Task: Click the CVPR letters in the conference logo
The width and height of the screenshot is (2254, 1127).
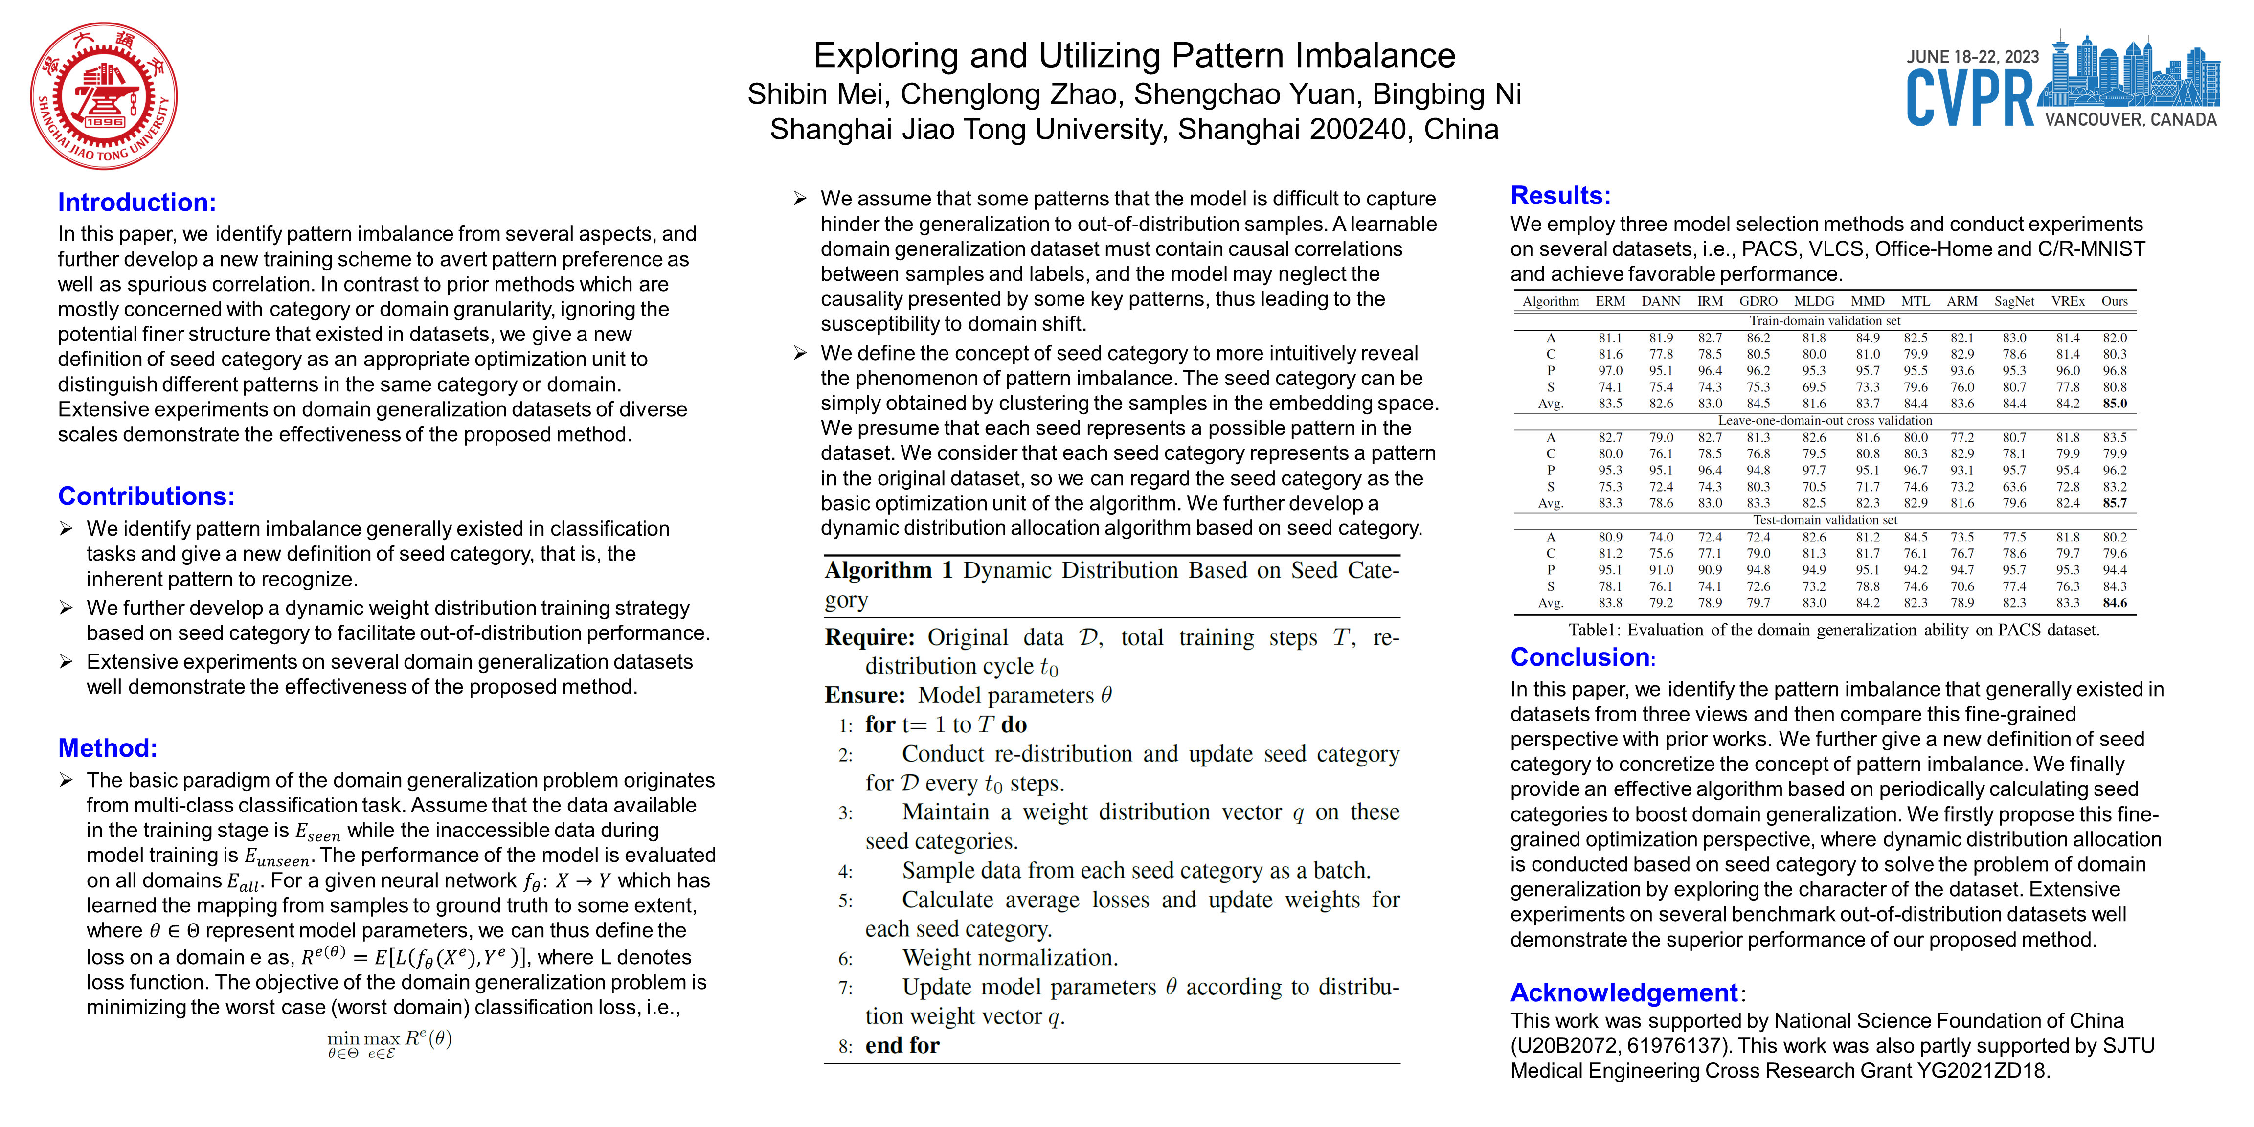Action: tap(1970, 99)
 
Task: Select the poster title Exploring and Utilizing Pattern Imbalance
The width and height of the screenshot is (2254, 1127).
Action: tap(1134, 56)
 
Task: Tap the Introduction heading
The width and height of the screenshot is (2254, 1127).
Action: tap(136, 202)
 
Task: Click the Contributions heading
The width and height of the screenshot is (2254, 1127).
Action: tap(146, 496)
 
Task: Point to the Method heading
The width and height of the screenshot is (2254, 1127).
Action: tap(108, 748)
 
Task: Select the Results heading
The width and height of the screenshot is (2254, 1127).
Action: tap(1560, 195)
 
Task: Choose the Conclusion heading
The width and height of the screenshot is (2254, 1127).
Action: tap(1580, 657)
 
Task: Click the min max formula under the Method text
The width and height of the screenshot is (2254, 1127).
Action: tap(389, 1041)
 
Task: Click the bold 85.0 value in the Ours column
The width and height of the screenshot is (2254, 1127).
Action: tap(2115, 404)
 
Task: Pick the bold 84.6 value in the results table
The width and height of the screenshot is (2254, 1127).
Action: tap(2115, 603)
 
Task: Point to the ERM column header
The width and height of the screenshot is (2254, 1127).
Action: tap(1610, 301)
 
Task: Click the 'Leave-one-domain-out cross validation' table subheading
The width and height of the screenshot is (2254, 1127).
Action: tap(1825, 421)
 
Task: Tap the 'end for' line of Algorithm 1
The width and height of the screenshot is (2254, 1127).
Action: tap(902, 1046)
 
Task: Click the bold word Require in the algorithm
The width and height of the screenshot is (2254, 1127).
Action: tap(869, 637)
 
